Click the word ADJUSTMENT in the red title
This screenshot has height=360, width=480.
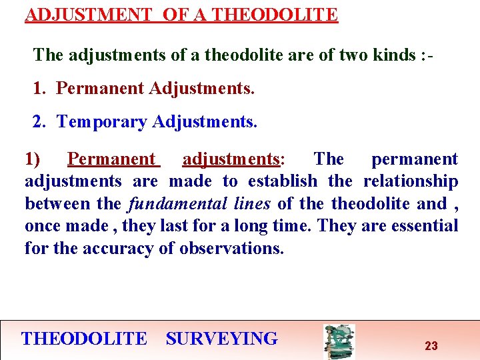(88, 14)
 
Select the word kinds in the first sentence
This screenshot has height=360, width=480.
(394, 55)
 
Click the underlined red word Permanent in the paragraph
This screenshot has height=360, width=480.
(111, 159)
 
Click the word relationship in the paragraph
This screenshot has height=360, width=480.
(411, 181)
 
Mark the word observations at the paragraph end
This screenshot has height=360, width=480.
(233, 249)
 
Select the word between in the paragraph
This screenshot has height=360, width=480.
(52, 203)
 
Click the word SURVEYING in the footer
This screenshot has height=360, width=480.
(222, 339)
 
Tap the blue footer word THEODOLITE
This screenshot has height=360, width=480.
(84, 339)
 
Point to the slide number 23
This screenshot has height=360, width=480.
(431, 345)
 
